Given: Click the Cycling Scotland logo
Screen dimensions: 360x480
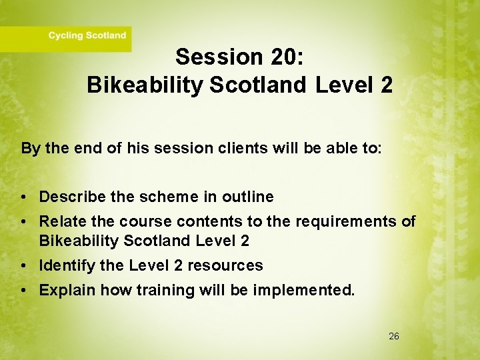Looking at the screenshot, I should tap(87, 36).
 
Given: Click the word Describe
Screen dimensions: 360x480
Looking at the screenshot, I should tap(71, 197).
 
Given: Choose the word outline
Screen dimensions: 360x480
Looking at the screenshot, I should tap(247, 197).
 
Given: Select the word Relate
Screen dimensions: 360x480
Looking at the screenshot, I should tap(61, 221).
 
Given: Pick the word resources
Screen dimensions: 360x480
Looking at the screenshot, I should tap(225, 265).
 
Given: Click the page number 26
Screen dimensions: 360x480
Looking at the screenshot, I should tap(394, 337).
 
